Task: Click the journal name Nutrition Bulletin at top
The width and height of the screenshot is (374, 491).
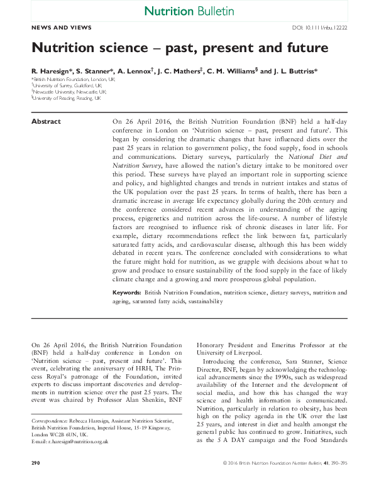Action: tap(189, 11)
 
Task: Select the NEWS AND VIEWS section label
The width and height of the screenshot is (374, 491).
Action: tap(61, 28)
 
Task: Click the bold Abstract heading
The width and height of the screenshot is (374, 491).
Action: tap(46, 122)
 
